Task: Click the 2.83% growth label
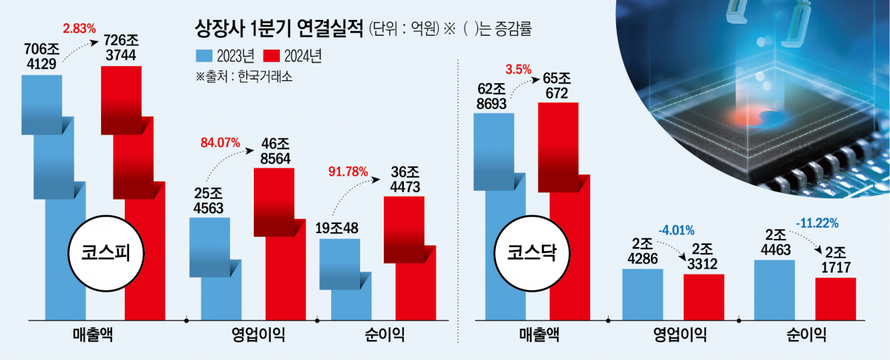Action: (80, 29)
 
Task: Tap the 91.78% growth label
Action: (347, 171)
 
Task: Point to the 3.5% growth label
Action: (518, 70)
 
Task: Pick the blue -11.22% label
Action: (819, 221)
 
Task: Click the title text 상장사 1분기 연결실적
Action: (278, 30)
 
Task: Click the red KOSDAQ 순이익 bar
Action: (835, 298)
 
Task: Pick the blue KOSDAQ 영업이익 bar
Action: (642, 294)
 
